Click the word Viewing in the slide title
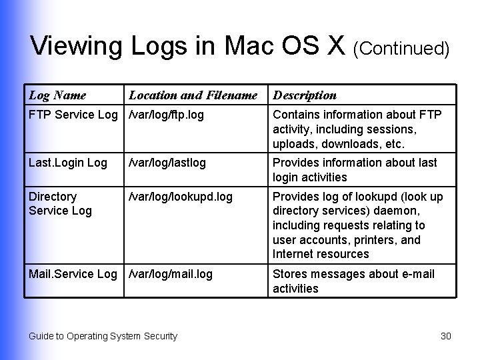click(x=76, y=46)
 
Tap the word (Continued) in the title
click(x=401, y=48)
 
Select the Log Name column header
click(x=57, y=95)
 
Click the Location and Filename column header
click(x=193, y=95)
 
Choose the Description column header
click(x=305, y=95)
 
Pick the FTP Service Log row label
click(x=73, y=115)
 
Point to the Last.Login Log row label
click(x=67, y=163)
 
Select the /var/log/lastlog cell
click(x=167, y=163)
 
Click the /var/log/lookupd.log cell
click(x=180, y=197)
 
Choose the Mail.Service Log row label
click(x=73, y=274)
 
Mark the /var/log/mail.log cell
click(x=171, y=274)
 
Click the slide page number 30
click(x=446, y=336)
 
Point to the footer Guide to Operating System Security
click(x=103, y=336)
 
